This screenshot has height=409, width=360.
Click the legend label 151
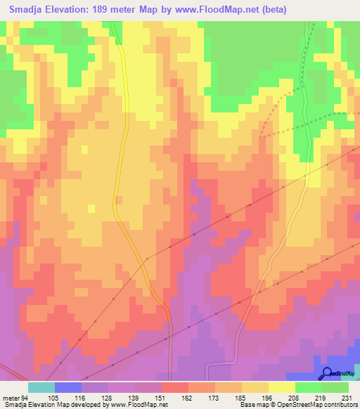148,397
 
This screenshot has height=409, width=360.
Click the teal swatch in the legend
41,387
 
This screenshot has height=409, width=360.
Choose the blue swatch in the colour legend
68,387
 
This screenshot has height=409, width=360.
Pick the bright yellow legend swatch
282,387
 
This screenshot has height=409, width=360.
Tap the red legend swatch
175,387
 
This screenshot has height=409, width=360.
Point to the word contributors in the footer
340,405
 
